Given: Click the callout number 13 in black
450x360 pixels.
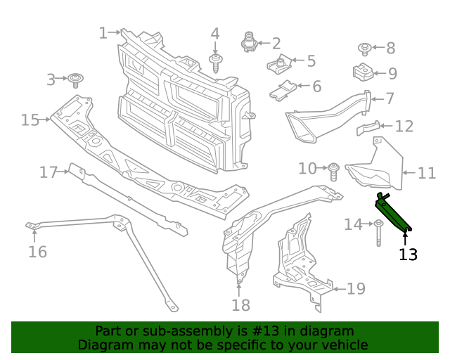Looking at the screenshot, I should (408, 254).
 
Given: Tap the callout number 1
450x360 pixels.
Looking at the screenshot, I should (103, 32).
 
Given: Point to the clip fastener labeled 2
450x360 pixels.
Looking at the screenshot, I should (249, 42).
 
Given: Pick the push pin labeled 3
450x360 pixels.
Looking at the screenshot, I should (75, 78).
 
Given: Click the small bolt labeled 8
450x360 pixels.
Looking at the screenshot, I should (365, 49).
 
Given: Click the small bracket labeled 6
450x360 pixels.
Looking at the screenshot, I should (284, 90).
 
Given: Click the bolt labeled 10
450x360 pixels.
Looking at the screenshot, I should (335, 169).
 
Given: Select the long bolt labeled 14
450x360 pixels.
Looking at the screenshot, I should (378, 232).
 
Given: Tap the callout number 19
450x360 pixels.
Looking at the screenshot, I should (356, 288).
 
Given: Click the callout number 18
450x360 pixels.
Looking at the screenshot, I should (240, 304).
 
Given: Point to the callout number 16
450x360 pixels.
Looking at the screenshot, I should (37, 251).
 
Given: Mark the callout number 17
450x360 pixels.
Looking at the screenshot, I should (48, 172).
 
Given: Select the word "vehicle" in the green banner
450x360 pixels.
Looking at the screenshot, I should (341, 345).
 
